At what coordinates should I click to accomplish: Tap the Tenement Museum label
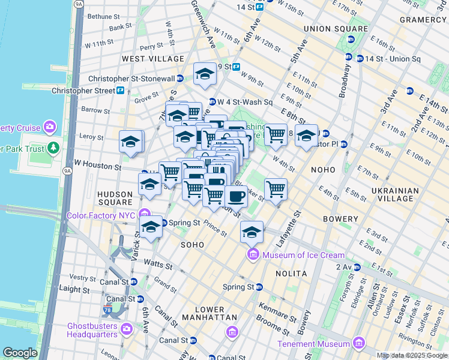pyautogui.click(x=313, y=344)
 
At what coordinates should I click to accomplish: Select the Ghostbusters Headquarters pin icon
pyautogui.click(x=126, y=329)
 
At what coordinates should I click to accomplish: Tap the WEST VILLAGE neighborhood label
pyautogui.click(x=153, y=59)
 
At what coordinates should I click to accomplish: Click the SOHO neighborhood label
pyautogui.click(x=192, y=245)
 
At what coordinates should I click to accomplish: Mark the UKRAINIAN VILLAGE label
pyautogui.click(x=394, y=196)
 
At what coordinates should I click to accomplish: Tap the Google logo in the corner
pyautogui.click(x=20, y=353)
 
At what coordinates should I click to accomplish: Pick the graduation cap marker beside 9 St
pyautogui.click(x=205, y=74)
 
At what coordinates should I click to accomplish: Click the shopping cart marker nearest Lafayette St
pyautogui.click(x=276, y=190)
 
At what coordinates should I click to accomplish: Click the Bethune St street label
pyautogui.click(x=106, y=16)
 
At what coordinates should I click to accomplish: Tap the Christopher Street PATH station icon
pyautogui.click(x=121, y=91)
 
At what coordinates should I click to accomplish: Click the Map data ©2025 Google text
pyautogui.click(x=412, y=355)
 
